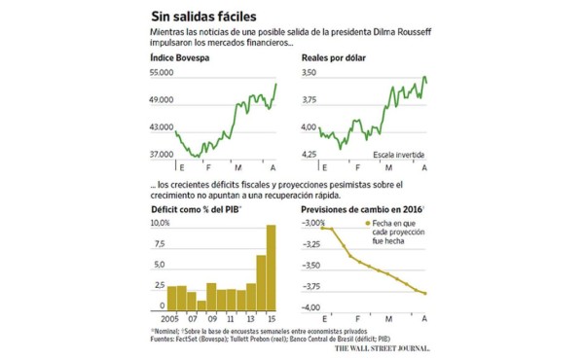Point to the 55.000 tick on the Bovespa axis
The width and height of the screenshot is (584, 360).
pyautogui.click(x=162, y=74)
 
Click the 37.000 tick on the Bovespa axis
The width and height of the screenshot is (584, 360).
pyautogui.click(x=162, y=155)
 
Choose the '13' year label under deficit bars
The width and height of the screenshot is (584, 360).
pyautogui.click(x=250, y=319)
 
